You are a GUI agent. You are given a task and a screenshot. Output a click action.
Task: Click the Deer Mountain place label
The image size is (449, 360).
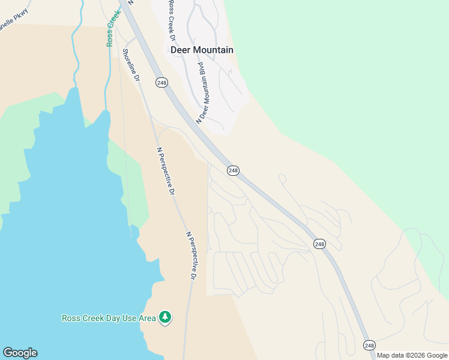(202, 50)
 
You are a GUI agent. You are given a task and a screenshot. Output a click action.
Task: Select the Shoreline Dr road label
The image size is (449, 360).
(131, 65)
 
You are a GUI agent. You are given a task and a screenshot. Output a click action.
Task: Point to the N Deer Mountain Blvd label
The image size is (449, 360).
(204, 92)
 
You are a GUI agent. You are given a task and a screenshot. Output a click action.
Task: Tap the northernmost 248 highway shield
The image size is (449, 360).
(161, 83)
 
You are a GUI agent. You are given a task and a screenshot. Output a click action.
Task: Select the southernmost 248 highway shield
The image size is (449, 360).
(370, 346)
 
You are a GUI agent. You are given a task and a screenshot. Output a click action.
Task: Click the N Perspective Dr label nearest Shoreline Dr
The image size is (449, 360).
(166, 172)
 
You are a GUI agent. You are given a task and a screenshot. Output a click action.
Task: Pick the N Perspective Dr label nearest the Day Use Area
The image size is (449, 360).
(191, 256)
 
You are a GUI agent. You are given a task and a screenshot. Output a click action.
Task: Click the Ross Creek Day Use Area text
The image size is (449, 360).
(109, 318)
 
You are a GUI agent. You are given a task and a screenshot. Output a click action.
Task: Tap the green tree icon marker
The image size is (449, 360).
(164, 317)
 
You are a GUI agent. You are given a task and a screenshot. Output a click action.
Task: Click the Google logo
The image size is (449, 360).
(20, 353)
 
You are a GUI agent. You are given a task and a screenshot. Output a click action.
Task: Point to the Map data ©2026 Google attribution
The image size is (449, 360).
(412, 355)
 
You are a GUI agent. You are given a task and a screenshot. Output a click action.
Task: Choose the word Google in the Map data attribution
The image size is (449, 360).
(436, 355)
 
